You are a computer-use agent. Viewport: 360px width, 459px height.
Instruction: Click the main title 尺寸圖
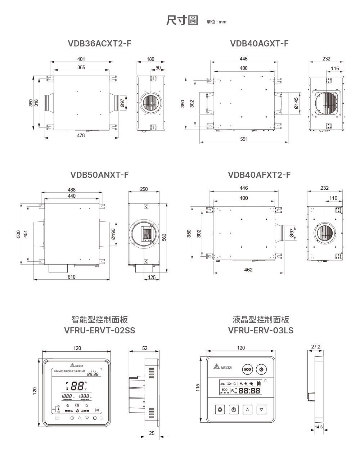(x=182, y=21)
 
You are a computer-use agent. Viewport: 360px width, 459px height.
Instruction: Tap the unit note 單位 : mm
(x=217, y=22)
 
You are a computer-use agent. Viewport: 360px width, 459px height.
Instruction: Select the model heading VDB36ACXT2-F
(x=100, y=44)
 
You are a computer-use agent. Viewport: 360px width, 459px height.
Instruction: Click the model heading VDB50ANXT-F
(x=100, y=175)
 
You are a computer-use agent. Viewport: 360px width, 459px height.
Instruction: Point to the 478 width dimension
(x=81, y=135)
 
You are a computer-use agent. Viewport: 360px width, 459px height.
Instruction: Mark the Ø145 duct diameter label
(x=296, y=103)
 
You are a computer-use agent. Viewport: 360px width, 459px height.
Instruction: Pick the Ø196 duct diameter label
(x=113, y=234)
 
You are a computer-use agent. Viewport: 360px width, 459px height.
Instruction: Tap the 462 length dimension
(x=248, y=270)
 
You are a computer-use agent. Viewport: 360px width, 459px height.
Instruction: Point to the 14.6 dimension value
(x=319, y=427)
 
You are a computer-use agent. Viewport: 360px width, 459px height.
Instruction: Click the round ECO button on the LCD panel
(x=248, y=370)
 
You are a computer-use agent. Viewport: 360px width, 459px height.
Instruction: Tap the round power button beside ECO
(x=261, y=370)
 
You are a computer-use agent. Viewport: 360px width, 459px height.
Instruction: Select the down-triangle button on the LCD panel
(x=261, y=409)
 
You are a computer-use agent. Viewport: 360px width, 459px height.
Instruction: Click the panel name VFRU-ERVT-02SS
(x=100, y=330)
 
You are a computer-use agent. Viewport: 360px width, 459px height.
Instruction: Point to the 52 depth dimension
(x=145, y=348)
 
